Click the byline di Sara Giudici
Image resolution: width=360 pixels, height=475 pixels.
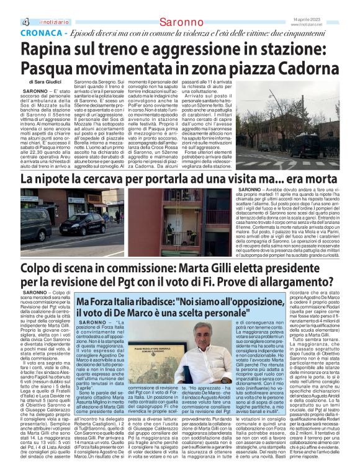45,81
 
